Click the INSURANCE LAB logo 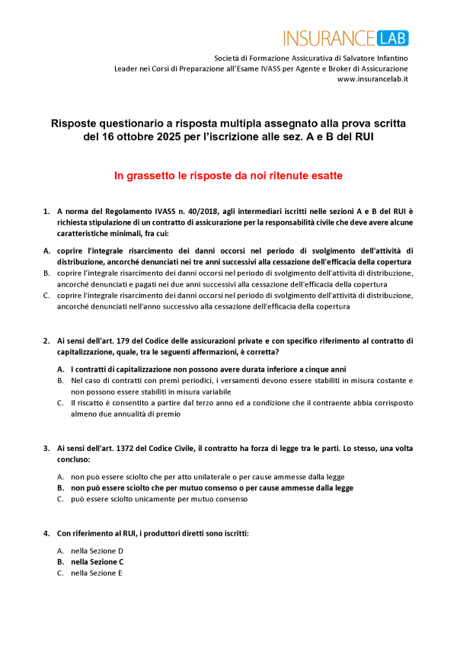[x=346, y=37]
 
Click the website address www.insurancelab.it [x=372, y=79]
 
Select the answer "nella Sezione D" [x=97, y=550]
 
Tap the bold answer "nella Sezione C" [x=97, y=561]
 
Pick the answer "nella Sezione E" [x=97, y=573]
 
